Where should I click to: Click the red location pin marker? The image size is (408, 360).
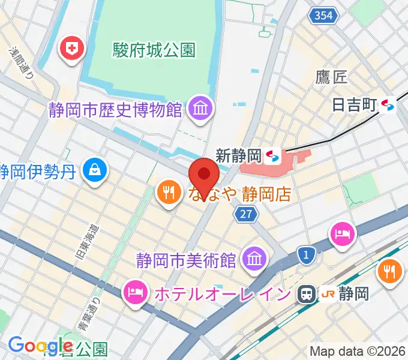[204, 176]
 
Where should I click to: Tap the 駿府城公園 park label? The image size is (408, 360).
[155, 50]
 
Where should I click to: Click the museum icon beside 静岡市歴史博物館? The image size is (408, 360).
[197, 109]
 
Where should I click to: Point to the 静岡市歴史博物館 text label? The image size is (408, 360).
[116, 110]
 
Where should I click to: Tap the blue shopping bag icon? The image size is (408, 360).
[95, 170]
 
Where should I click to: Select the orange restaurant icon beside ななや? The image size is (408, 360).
[167, 192]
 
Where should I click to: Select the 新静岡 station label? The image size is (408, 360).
[238, 157]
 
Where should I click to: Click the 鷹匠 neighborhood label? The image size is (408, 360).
[331, 76]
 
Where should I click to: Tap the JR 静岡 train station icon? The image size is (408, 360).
[306, 293]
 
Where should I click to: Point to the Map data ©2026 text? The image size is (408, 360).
[357, 350]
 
